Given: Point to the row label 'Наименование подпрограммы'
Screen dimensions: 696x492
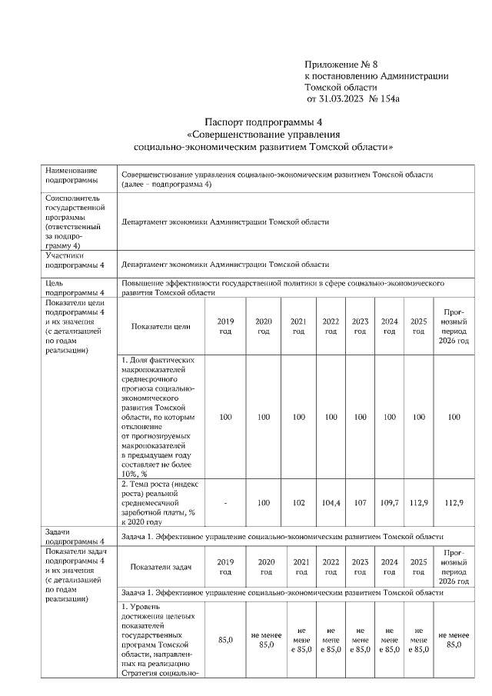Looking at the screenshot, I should pos(71,175).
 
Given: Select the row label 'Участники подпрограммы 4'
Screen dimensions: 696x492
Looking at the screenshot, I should pos(75,260).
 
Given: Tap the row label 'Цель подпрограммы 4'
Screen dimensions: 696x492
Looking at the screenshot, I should pos(75,288).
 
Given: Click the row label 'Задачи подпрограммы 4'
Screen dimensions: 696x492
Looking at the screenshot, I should pos(75,536).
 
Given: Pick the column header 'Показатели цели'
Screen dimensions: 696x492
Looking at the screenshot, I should pos(161,326).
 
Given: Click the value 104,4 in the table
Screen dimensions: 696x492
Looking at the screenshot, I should pos(331,501).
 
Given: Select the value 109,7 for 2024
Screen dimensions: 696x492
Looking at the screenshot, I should pos(389,501).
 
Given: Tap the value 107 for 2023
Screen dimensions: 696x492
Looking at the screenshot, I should pos(359,501).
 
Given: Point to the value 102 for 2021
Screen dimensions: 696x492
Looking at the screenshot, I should pos(298,501).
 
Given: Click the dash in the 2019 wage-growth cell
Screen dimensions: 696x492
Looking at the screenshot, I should pos(225,501).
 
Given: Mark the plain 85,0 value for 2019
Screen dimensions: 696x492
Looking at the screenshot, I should pos(225,639).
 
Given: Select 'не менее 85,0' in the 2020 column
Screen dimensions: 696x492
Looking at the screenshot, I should pos(264,640).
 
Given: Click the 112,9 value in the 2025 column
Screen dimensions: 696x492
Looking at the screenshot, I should pos(418,501).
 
